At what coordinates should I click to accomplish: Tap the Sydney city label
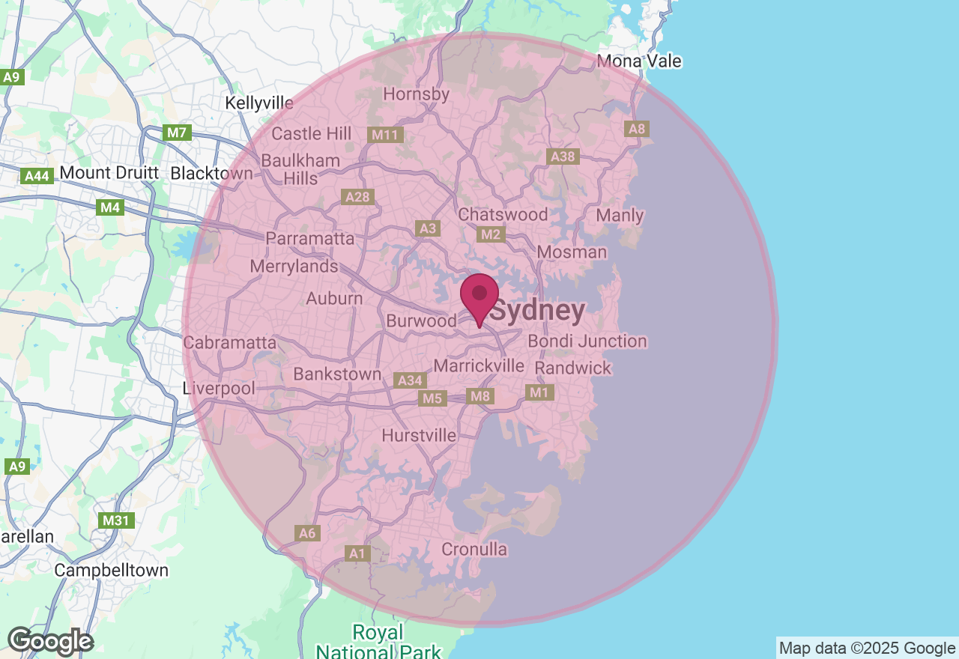(x=538, y=311)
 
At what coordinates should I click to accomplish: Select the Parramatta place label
(x=309, y=239)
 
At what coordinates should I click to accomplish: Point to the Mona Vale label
(x=640, y=61)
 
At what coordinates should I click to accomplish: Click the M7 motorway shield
(x=177, y=133)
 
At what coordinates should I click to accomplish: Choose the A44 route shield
(x=37, y=176)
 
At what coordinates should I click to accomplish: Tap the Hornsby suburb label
(x=417, y=94)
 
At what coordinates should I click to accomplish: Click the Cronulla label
(x=474, y=550)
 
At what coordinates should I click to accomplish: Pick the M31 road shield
(x=117, y=520)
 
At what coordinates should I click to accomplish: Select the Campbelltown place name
(x=112, y=571)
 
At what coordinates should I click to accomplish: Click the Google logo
(x=50, y=642)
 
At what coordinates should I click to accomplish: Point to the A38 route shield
(x=563, y=157)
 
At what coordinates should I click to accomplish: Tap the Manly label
(x=620, y=216)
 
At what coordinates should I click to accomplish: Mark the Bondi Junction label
(x=587, y=341)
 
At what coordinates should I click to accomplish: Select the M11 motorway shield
(x=386, y=135)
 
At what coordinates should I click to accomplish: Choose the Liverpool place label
(x=219, y=389)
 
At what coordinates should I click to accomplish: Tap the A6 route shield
(x=307, y=533)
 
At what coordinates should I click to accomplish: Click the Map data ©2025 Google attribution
(x=867, y=648)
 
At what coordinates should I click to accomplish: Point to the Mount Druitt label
(x=109, y=173)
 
